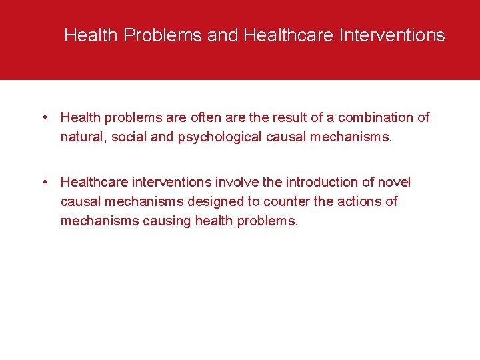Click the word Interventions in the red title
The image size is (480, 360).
tap(392, 35)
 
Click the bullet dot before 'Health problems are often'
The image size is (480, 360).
tap(43, 118)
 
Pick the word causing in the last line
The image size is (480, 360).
tap(166, 221)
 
